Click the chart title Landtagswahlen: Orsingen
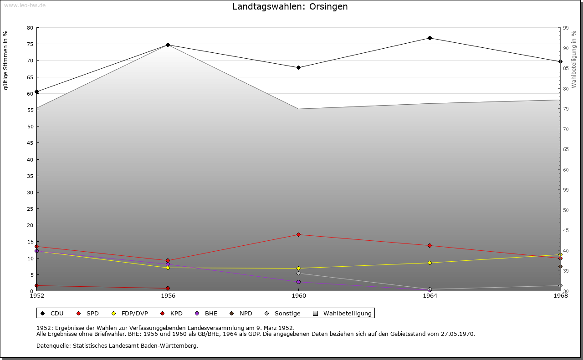click(x=290, y=7)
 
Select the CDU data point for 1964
click(x=430, y=38)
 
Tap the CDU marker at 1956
click(x=168, y=45)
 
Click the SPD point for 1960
click(x=298, y=234)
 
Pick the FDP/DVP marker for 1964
click(x=430, y=263)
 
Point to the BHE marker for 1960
click(x=298, y=282)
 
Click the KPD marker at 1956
click(x=168, y=288)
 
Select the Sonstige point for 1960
click(x=298, y=273)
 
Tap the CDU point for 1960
click(x=298, y=67)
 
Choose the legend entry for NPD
click(x=241, y=313)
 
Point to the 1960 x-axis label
click(x=298, y=295)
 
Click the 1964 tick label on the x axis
click(x=430, y=295)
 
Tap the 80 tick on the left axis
click(x=30, y=28)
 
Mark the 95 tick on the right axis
click(x=566, y=28)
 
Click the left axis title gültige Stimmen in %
click(x=6, y=60)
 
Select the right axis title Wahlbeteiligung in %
click(x=574, y=60)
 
